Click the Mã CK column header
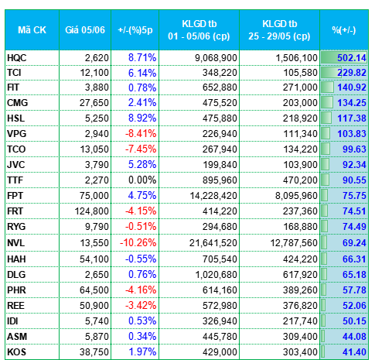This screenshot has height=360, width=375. pyautogui.click(x=32, y=30)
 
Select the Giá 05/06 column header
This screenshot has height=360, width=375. pyautogui.click(x=85, y=30)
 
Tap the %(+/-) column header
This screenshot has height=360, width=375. pyautogui.click(x=344, y=30)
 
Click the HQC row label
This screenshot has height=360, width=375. pyautogui.click(x=17, y=58)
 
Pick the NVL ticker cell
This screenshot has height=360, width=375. pyautogui.click(x=16, y=243)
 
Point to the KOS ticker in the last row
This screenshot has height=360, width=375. pyautogui.click(x=16, y=352)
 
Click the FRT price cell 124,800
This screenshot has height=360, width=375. pyautogui.click(x=91, y=211)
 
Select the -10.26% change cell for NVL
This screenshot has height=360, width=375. pyautogui.click(x=138, y=243)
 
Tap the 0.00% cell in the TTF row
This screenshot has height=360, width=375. pyautogui.click(x=142, y=180)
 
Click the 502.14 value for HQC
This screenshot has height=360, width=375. pyautogui.click(x=352, y=58)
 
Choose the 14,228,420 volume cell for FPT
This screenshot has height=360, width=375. pyautogui.click(x=213, y=196)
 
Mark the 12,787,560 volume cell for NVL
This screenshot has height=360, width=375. pyautogui.click(x=294, y=243)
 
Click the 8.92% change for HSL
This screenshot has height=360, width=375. pyautogui.click(x=142, y=118)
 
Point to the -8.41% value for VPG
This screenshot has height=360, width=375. pyautogui.click(x=141, y=134)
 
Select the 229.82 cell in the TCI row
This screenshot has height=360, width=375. pyautogui.click(x=352, y=73)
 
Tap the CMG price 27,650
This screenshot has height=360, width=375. pyautogui.click(x=94, y=103)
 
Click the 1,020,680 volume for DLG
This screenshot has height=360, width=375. pyautogui.click(x=216, y=275)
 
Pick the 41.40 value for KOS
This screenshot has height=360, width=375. pyautogui.click(x=354, y=352)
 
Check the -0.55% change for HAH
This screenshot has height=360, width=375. pyautogui.click(x=141, y=259)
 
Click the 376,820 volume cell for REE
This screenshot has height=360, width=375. pyautogui.click(x=300, y=306)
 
